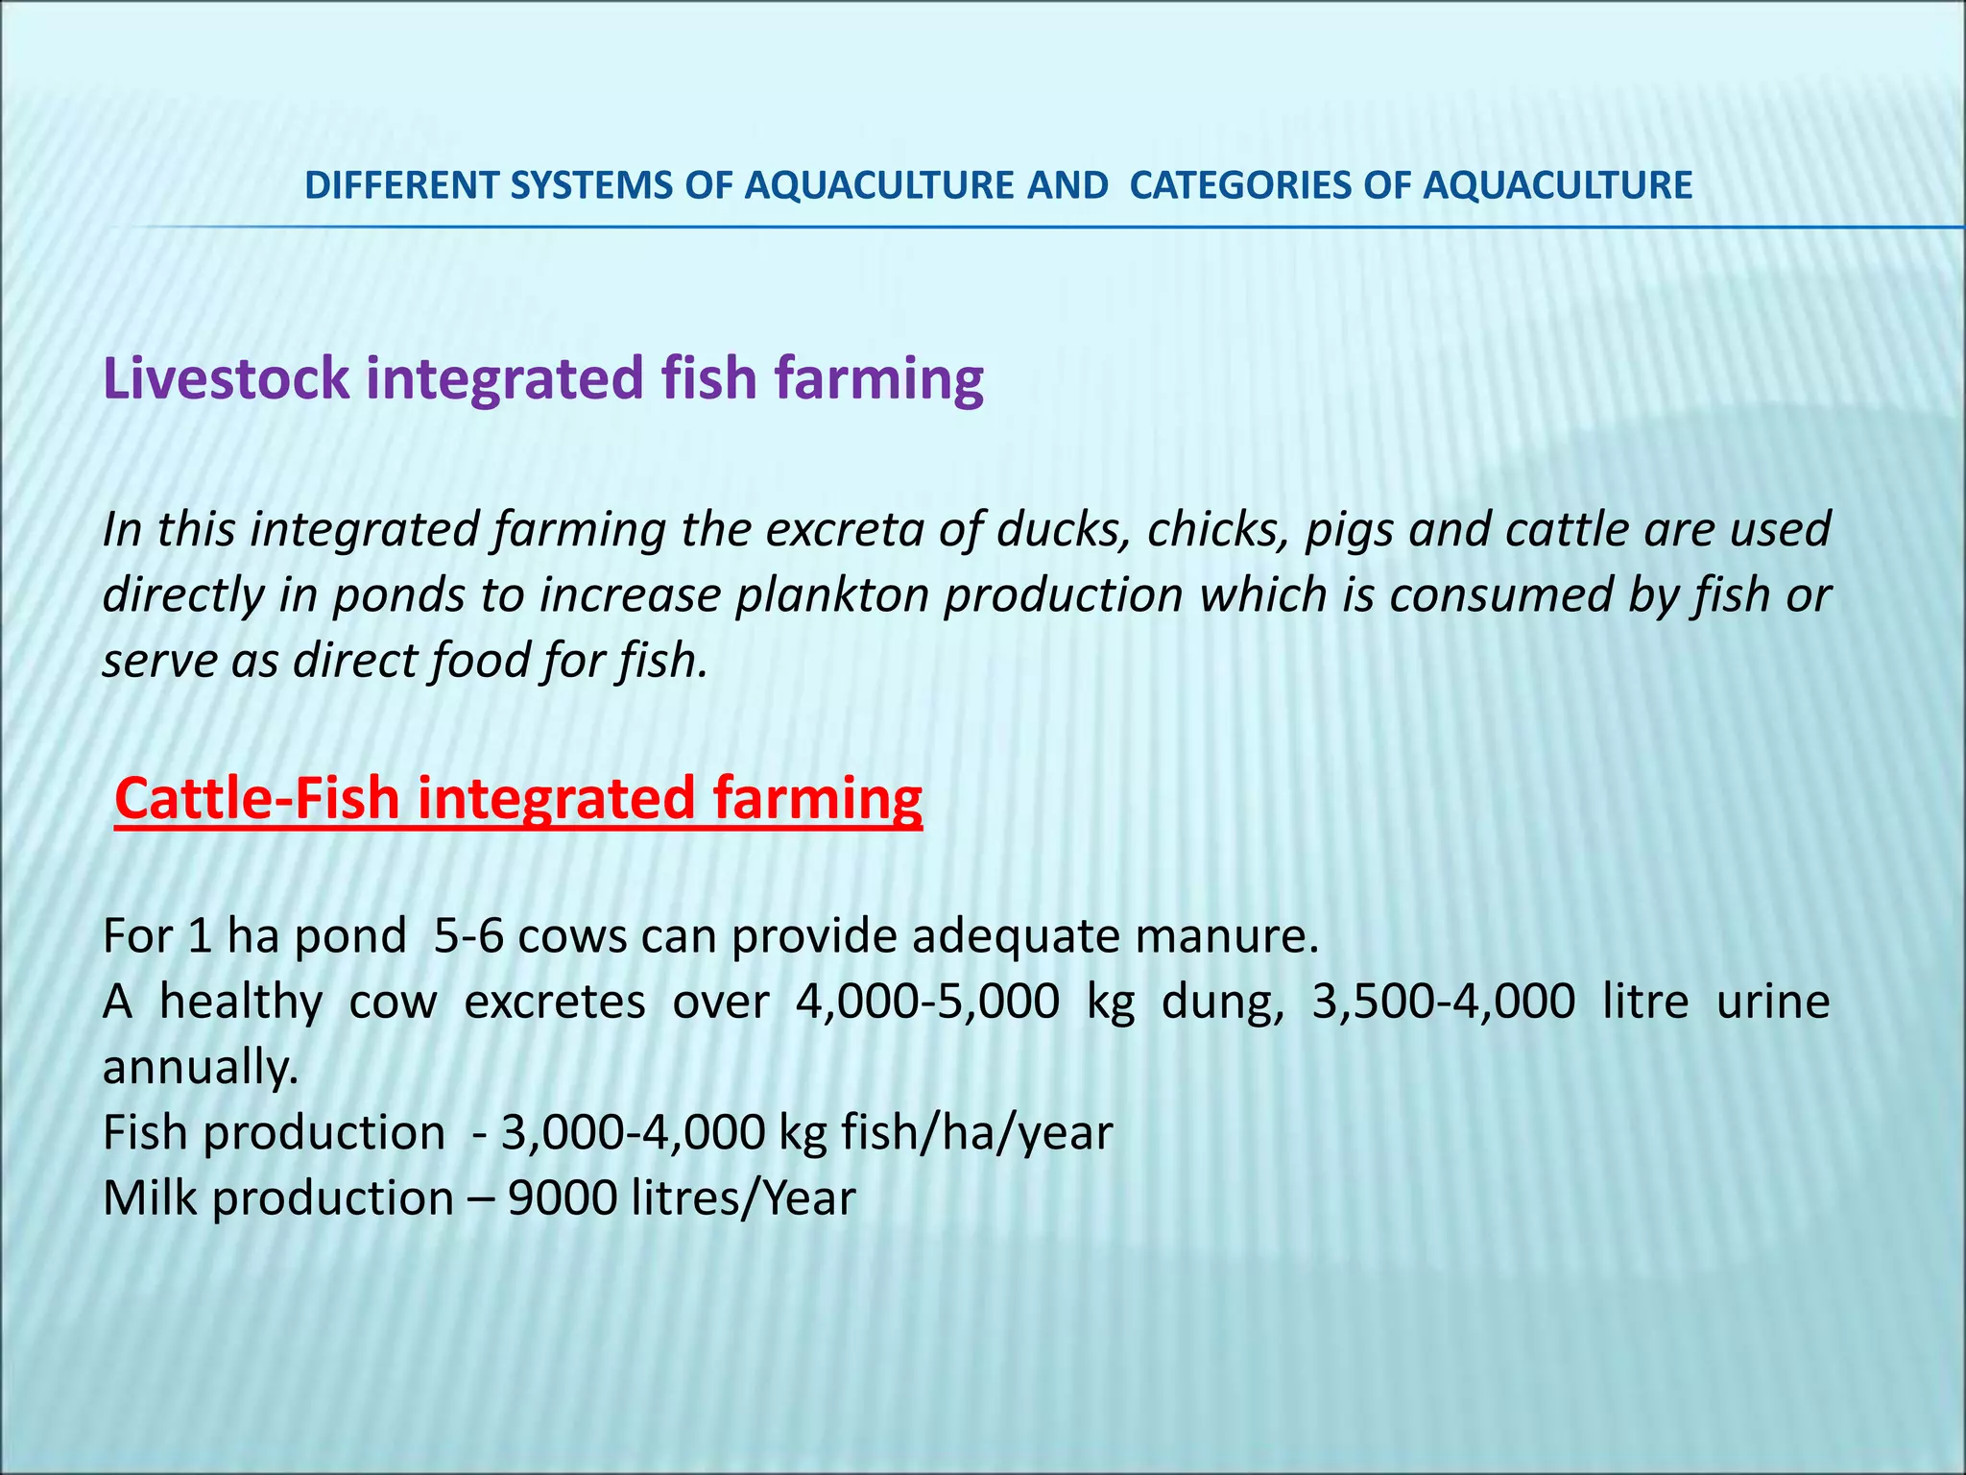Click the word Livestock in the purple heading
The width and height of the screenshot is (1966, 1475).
pyautogui.click(x=227, y=378)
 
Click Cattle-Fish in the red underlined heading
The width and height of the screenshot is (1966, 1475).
pyautogui.click(x=256, y=799)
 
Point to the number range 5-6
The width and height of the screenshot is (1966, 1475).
pyautogui.click(x=468, y=936)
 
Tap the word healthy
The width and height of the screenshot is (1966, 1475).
pyautogui.click(x=241, y=1003)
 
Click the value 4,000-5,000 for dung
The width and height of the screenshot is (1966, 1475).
pyautogui.click(x=927, y=1003)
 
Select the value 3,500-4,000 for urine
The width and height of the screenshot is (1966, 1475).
pyautogui.click(x=1443, y=1003)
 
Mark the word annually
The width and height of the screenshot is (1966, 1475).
pyautogui.click(x=200, y=1068)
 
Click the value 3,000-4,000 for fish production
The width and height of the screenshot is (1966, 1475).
pyautogui.click(x=633, y=1133)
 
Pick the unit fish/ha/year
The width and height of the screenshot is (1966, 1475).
pyautogui.click(x=976, y=1133)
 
